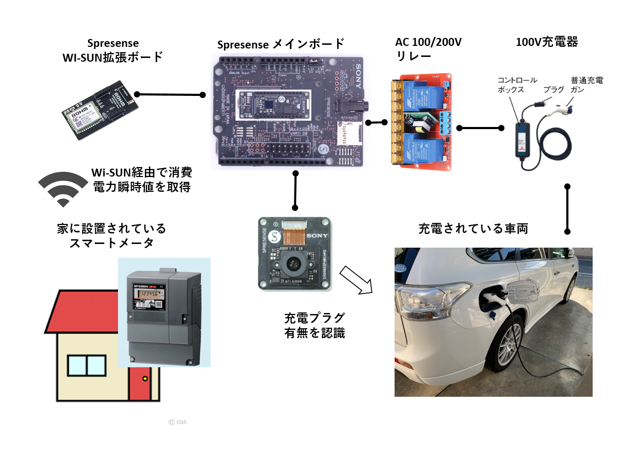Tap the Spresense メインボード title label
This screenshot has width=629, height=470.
tap(281, 44)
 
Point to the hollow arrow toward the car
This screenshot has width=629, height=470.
tap(356, 280)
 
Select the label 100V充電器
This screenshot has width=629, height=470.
tap(546, 42)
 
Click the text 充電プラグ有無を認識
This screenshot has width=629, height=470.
tap(314, 325)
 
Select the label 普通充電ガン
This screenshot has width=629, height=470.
tap(586, 85)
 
